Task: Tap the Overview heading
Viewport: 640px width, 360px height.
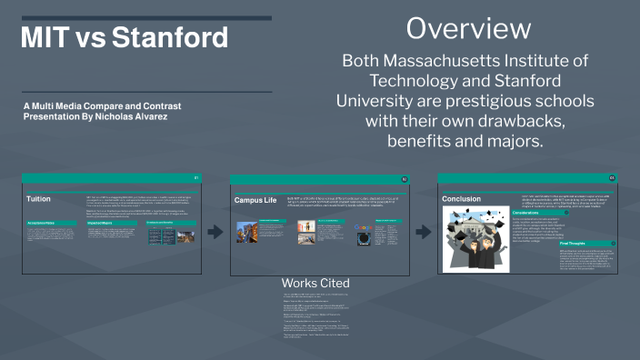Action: [468, 28]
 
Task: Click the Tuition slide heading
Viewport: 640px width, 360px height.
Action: [39, 198]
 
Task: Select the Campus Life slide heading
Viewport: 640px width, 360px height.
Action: [256, 199]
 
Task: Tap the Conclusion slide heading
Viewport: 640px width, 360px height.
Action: [461, 198]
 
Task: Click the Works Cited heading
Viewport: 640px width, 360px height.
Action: [315, 283]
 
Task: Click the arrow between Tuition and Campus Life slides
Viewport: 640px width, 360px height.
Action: [215, 232]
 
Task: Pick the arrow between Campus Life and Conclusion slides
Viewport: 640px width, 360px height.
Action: [424, 232]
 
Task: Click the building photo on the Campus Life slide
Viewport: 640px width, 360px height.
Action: [248, 233]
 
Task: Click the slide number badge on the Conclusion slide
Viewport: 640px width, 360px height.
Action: [612, 177]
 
